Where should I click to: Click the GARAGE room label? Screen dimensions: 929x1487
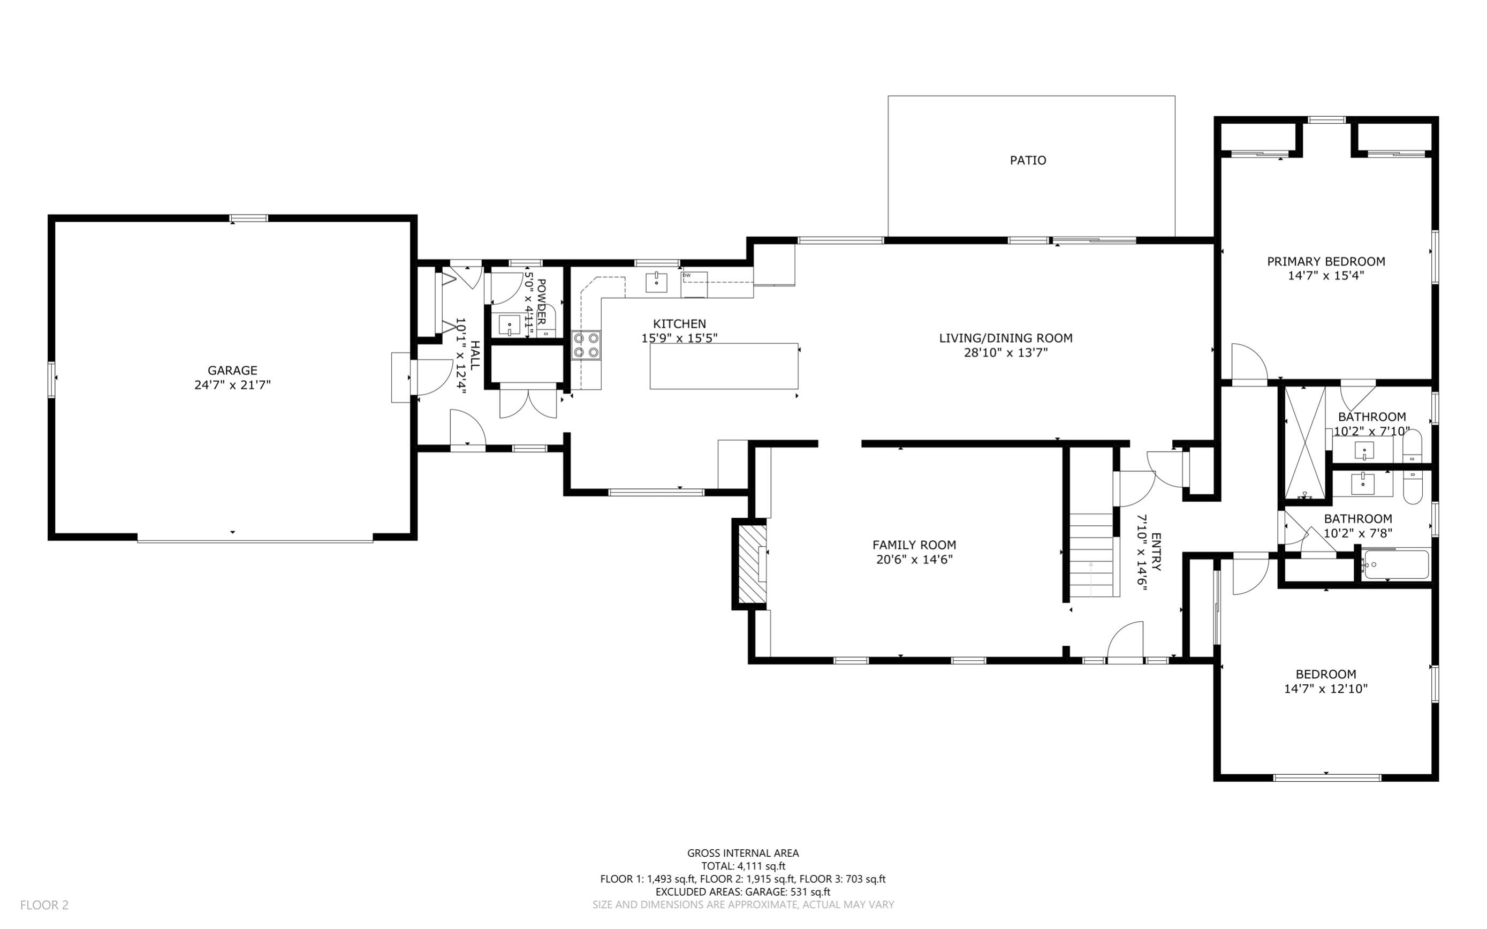click(232, 371)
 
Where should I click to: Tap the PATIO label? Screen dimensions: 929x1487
click(1028, 160)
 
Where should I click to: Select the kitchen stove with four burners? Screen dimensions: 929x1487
click(586, 345)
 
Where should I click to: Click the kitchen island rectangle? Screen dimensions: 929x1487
click(724, 366)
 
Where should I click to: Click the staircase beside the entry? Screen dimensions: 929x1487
click(1092, 555)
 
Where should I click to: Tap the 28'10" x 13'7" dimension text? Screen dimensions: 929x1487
click(1005, 353)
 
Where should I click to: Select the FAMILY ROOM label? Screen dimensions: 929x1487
click(914, 545)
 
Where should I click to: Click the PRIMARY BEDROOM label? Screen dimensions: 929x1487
click(1325, 262)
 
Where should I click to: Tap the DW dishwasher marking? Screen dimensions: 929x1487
click(687, 275)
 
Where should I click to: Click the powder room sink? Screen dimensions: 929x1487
click(509, 324)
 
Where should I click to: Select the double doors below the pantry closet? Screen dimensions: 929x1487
click(528, 403)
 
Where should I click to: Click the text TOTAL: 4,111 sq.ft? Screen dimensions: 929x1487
click(742, 866)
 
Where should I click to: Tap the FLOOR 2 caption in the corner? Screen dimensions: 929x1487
click(44, 905)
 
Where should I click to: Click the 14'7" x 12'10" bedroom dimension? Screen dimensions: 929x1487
click(1325, 689)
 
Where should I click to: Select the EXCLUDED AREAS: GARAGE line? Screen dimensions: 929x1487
click(742, 892)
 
